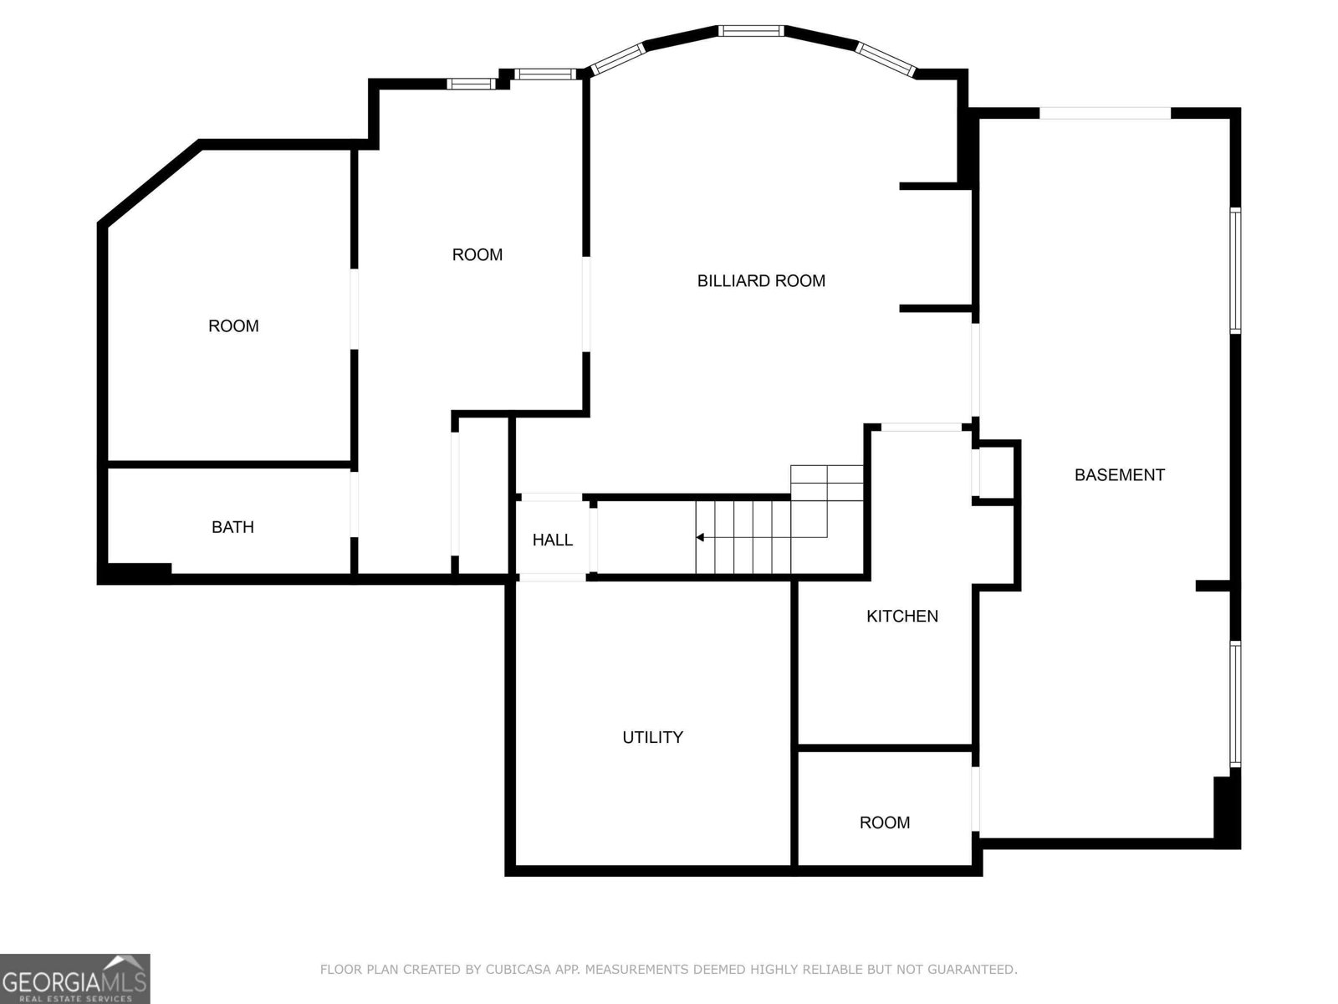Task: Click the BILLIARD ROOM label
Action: coord(761,281)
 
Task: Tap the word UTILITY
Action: coord(652,737)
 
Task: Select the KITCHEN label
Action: coord(901,617)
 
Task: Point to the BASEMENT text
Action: coord(1119,475)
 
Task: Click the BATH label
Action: coord(232,527)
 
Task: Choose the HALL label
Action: coord(552,540)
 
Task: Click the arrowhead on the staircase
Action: coord(700,537)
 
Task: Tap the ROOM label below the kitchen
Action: coord(884,822)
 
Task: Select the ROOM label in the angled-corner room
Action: coord(233,326)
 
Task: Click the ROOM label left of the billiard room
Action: coord(477,254)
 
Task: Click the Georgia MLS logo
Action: coord(74,978)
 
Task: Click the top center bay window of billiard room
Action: coord(751,31)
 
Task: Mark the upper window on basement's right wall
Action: coord(1234,270)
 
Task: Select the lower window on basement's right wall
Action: coord(1234,704)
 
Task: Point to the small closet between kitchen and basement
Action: coord(996,473)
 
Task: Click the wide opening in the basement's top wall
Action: coord(1105,113)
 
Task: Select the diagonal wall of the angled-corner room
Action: coord(151,183)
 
